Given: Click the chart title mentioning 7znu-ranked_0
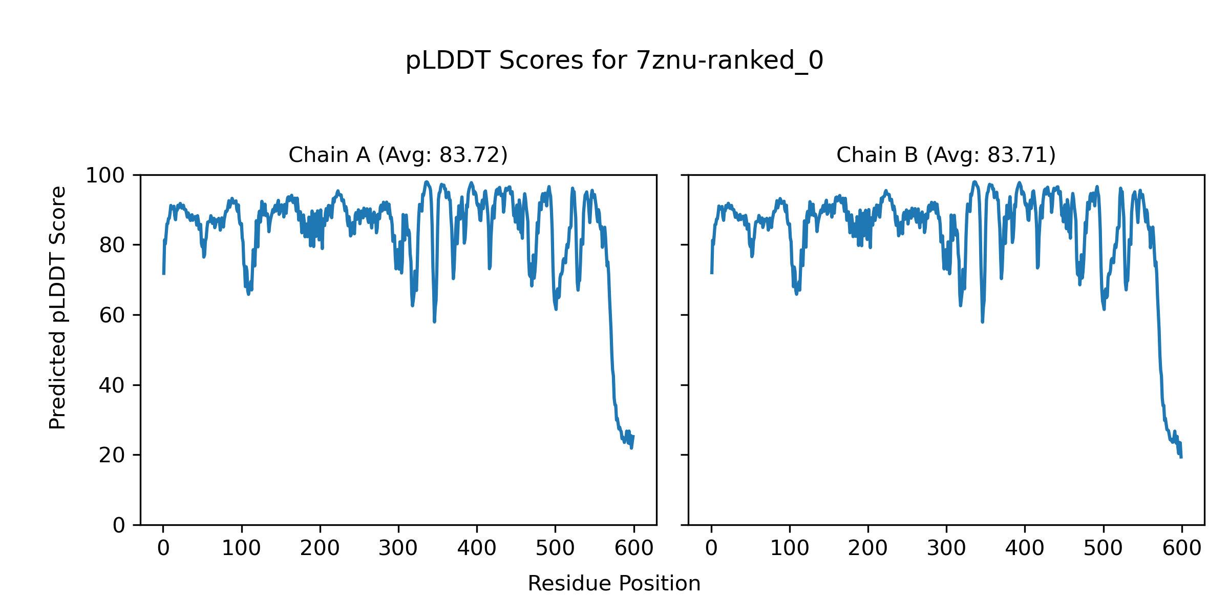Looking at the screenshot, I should [614, 61].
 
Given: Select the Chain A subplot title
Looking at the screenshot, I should [398, 155].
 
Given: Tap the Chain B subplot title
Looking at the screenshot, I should [946, 155].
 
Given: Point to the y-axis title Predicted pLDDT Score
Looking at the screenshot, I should [57, 307].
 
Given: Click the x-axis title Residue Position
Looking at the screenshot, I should [614, 584].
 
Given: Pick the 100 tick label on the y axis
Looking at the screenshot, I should [105, 176].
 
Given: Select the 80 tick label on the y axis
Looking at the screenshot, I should [112, 245].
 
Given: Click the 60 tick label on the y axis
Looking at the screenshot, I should [112, 315].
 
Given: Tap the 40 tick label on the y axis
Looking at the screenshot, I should [112, 385].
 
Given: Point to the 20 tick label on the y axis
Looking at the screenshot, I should [112, 455].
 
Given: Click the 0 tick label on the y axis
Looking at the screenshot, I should [119, 525].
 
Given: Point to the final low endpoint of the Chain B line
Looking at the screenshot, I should [1181, 457].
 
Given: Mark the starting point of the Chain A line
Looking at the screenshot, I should [163, 274].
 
